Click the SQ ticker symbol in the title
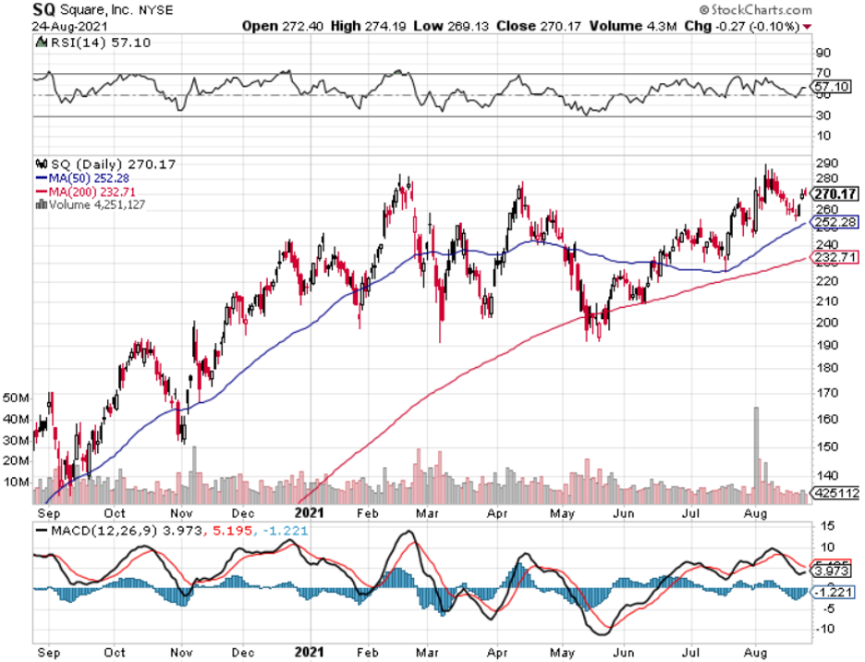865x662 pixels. tap(43, 9)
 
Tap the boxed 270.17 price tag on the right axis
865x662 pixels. tap(836, 194)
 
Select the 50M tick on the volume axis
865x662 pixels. tap(16, 398)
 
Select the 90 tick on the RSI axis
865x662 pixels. tap(822, 53)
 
